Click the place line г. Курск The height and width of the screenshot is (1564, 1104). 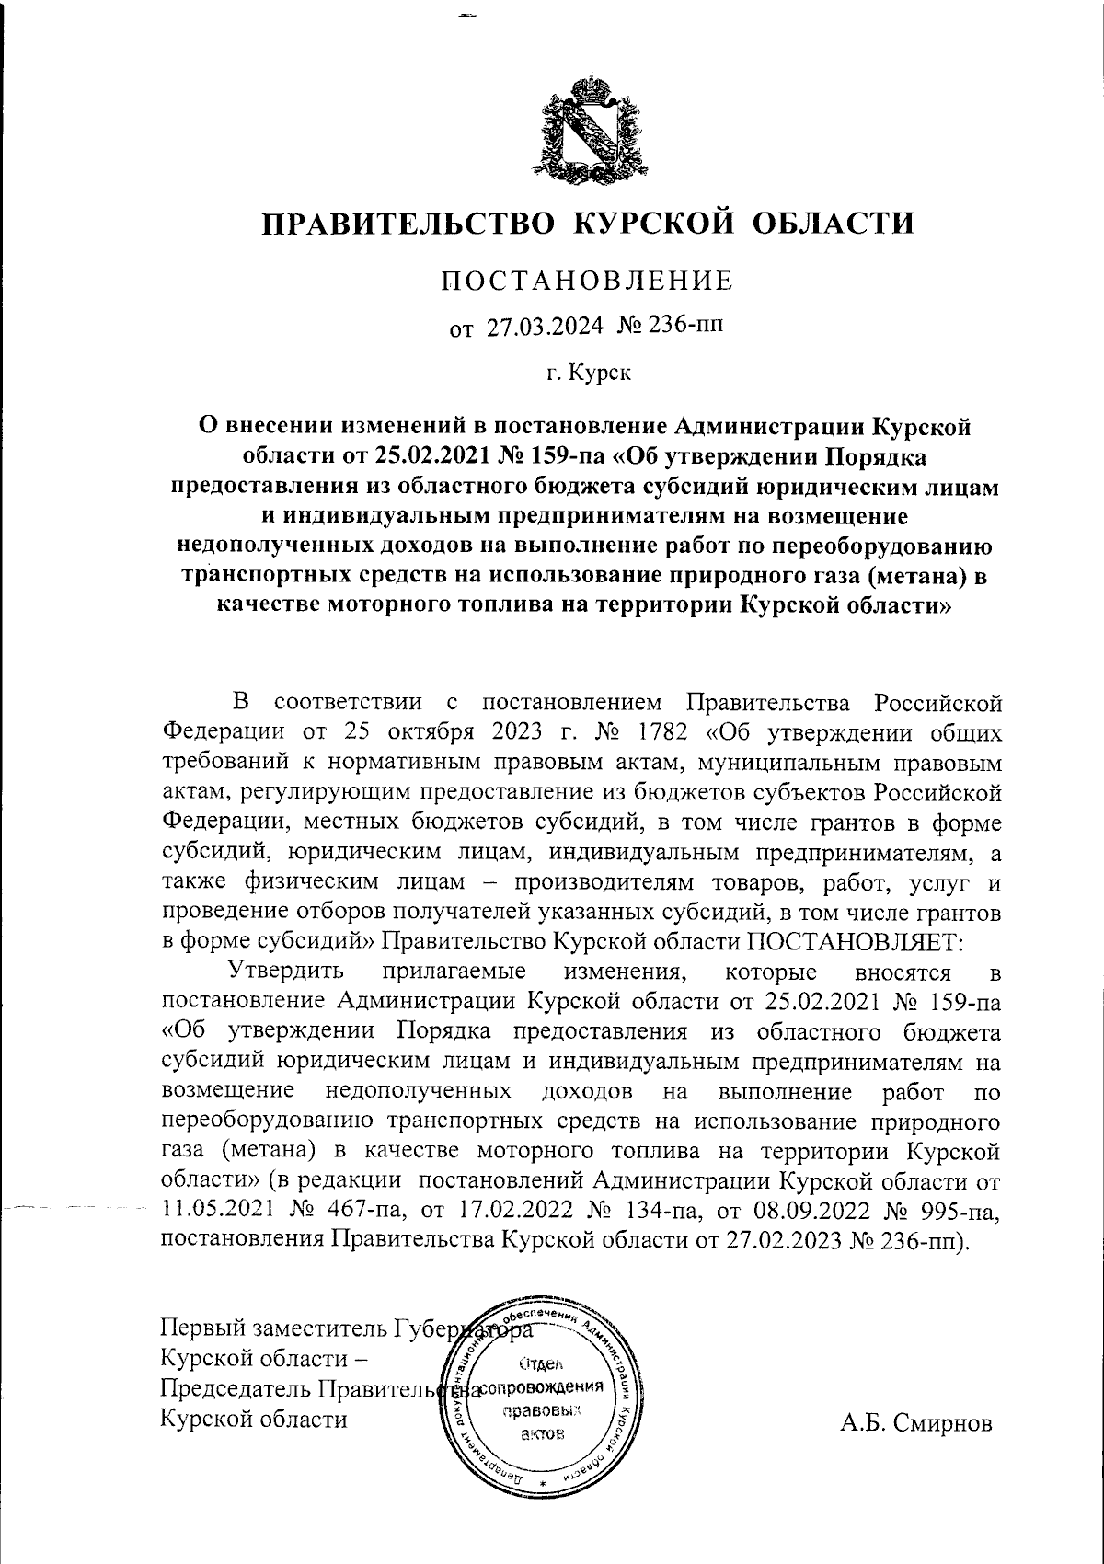[588, 374]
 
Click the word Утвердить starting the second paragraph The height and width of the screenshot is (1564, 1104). [286, 972]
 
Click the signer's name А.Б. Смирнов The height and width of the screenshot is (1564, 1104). [916, 1423]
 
